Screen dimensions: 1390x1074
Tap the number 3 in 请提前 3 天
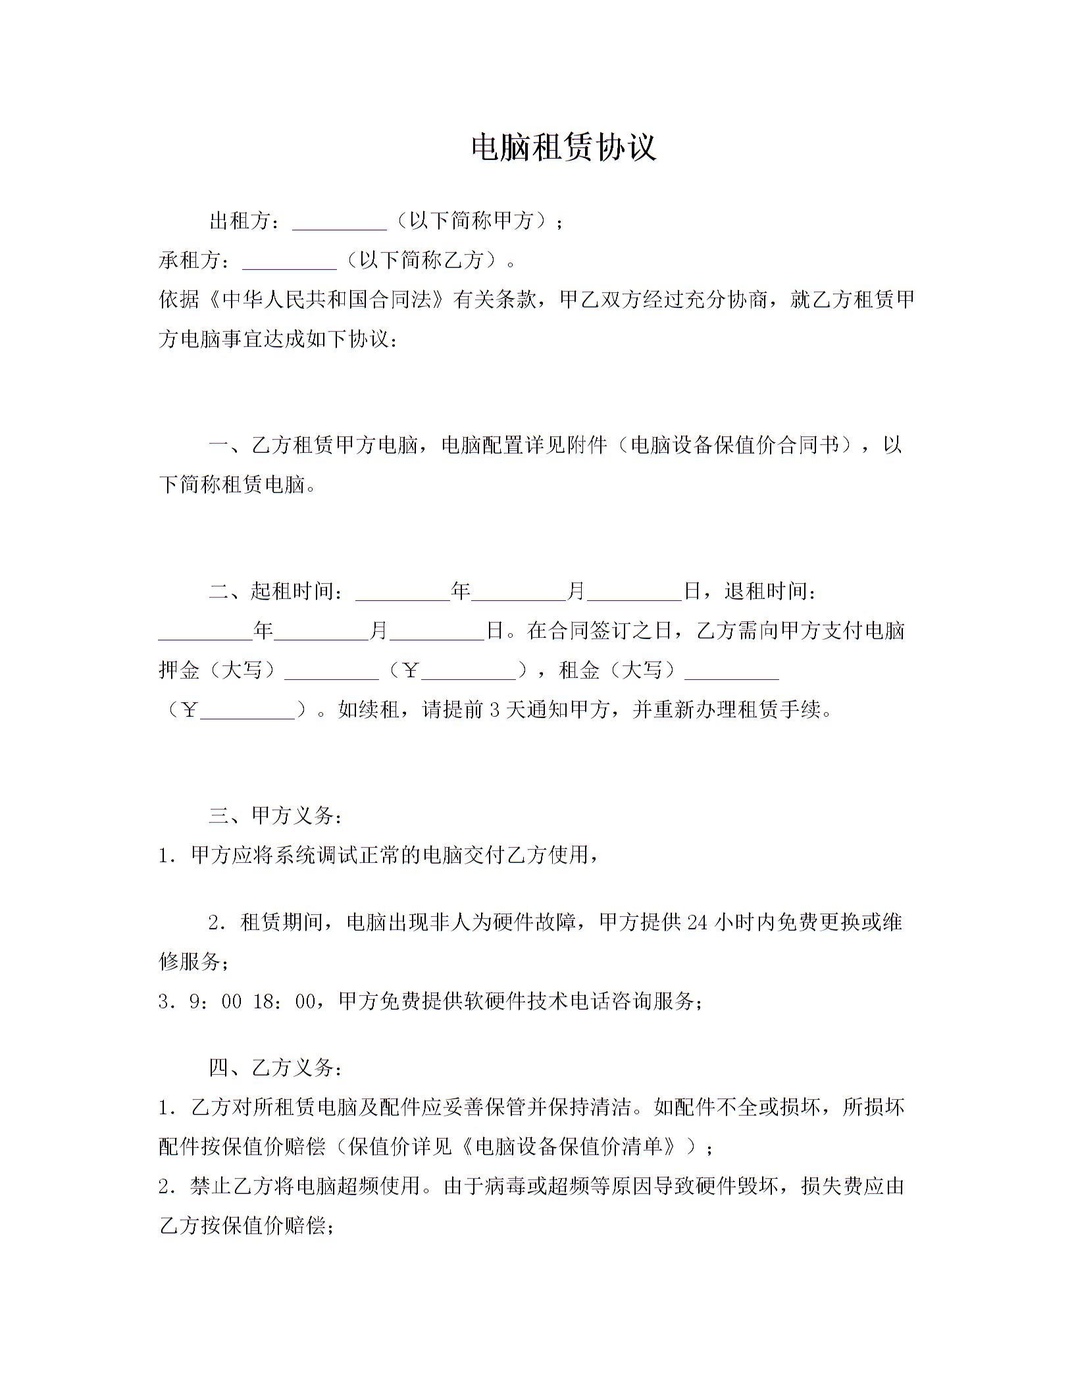(x=495, y=710)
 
